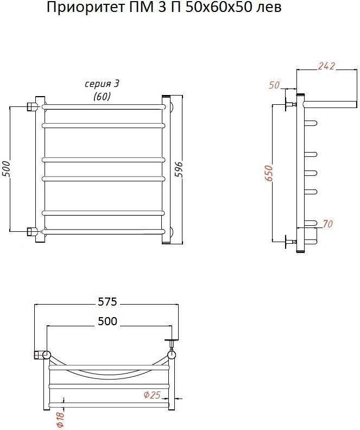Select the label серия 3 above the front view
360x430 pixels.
pos(102,84)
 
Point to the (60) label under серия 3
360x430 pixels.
pos(102,96)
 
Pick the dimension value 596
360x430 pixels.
pos(179,169)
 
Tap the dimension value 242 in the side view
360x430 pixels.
pos(326,66)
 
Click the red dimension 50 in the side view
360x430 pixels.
pos(274,85)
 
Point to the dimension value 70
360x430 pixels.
pos(327,224)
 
